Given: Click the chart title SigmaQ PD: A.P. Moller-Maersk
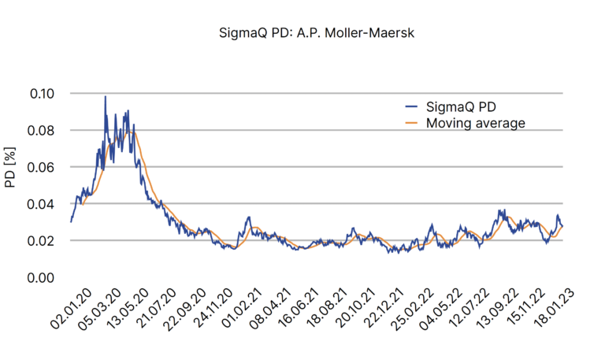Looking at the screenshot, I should (x=302, y=35).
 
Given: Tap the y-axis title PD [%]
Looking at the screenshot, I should (x=11, y=169).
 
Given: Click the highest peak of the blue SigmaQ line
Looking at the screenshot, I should (x=105, y=97).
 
